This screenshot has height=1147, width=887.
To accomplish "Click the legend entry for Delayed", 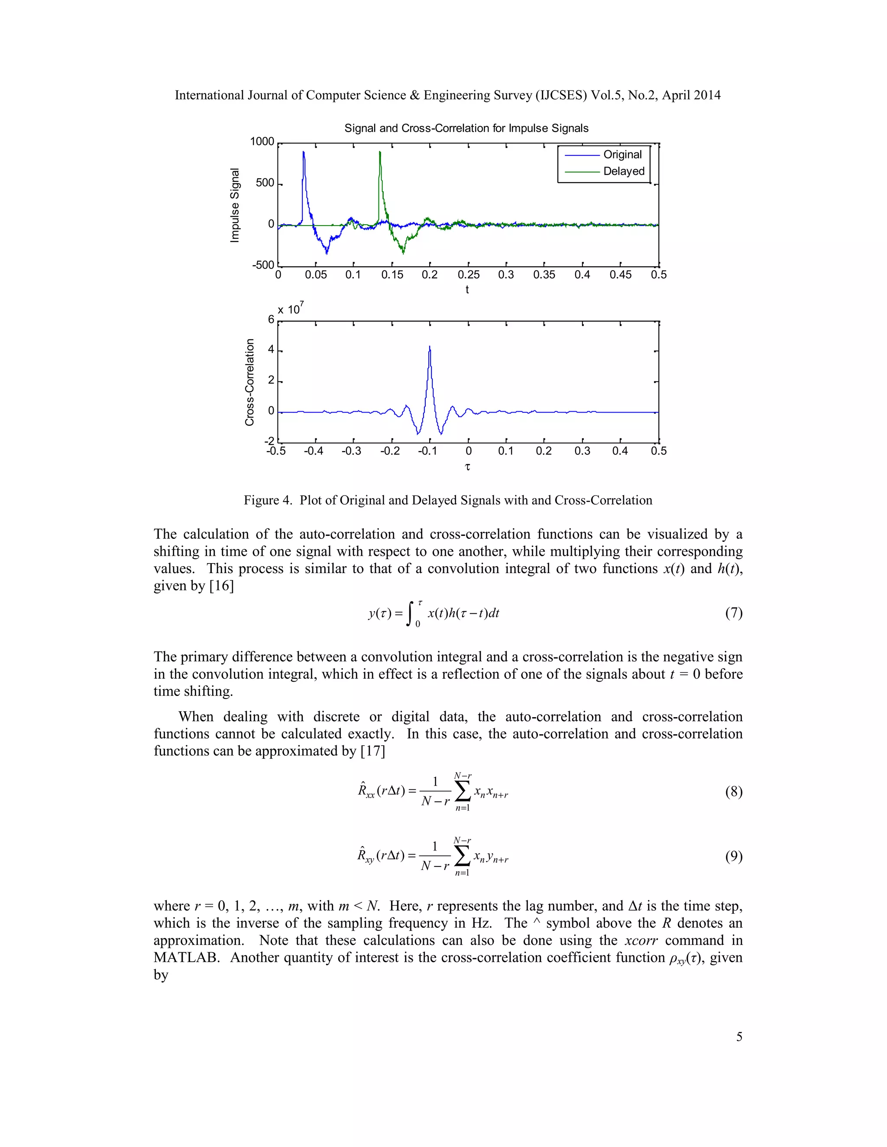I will coord(623,171).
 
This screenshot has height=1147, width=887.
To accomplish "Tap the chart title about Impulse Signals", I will coord(466,128).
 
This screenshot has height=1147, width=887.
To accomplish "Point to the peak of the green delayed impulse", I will coord(379,152).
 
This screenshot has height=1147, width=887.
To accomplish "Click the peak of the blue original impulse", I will coord(303,152).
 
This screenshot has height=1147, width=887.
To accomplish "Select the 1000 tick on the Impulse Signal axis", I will coord(262,142).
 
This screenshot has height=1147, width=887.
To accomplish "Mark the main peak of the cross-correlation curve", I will coord(430,347).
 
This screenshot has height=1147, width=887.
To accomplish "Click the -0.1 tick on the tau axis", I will coord(428,451).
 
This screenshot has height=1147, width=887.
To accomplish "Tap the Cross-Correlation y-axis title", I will coord(249,382).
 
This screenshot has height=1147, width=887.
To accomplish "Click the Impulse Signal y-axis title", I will coord(235,205).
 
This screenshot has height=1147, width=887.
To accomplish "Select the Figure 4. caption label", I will coord(268,500).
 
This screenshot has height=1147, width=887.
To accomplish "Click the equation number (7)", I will coord(734,613).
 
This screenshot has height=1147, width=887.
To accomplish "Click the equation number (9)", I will coord(734,857).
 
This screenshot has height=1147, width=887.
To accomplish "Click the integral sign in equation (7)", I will coord(411,613).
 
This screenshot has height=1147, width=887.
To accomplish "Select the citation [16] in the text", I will coord(222,586).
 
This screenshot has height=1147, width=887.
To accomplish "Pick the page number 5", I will coord(739,1037).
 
